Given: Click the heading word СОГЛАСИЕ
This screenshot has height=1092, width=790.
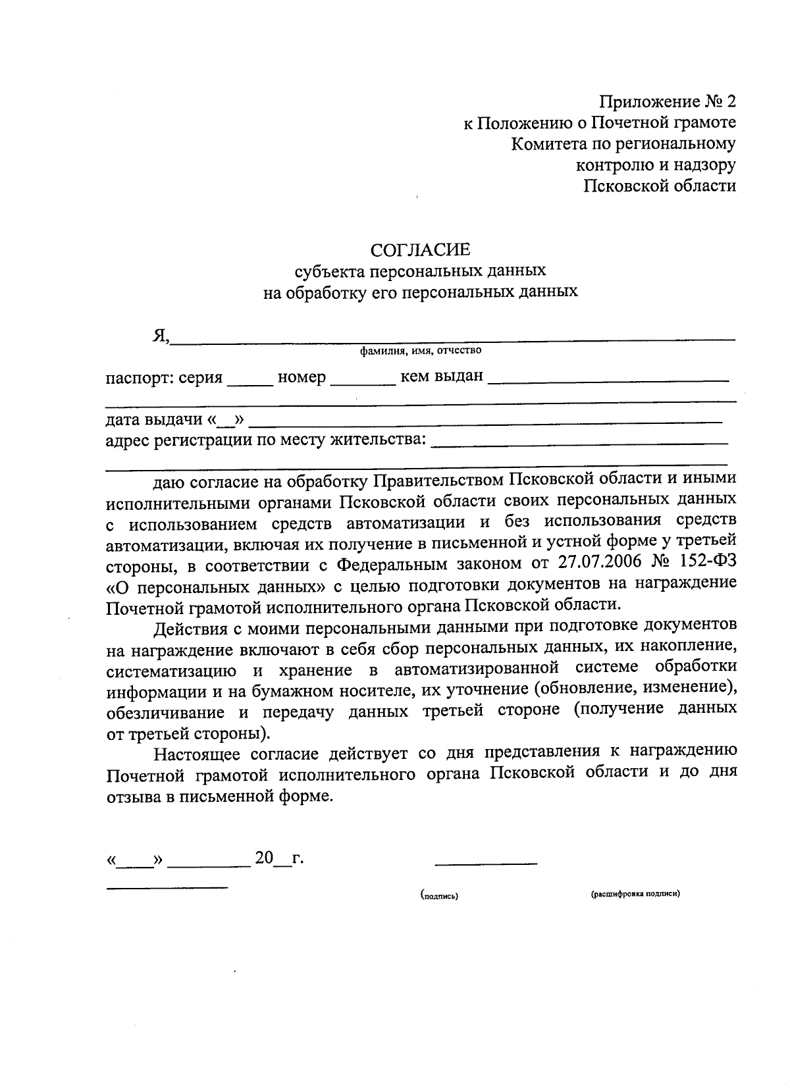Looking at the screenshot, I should (x=421, y=249).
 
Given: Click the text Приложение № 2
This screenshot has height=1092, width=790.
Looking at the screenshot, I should (x=667, y=101).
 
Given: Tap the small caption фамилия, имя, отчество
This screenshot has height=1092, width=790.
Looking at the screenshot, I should (x=420, y=351).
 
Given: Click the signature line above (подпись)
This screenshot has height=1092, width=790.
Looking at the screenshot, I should (x=486, y=862).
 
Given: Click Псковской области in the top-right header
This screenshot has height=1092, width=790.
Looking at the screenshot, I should (x=660, y=186).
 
